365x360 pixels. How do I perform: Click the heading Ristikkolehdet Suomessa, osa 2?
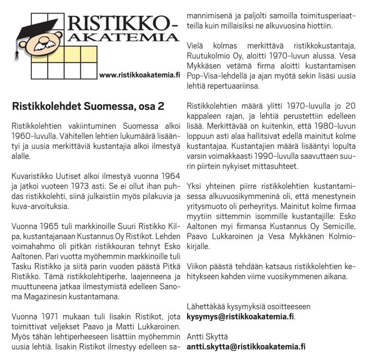click(x=88, y=106)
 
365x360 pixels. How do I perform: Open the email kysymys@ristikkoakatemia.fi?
click(x=241, y=317)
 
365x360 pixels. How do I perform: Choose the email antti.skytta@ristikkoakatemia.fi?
click(x=246, y=346)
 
